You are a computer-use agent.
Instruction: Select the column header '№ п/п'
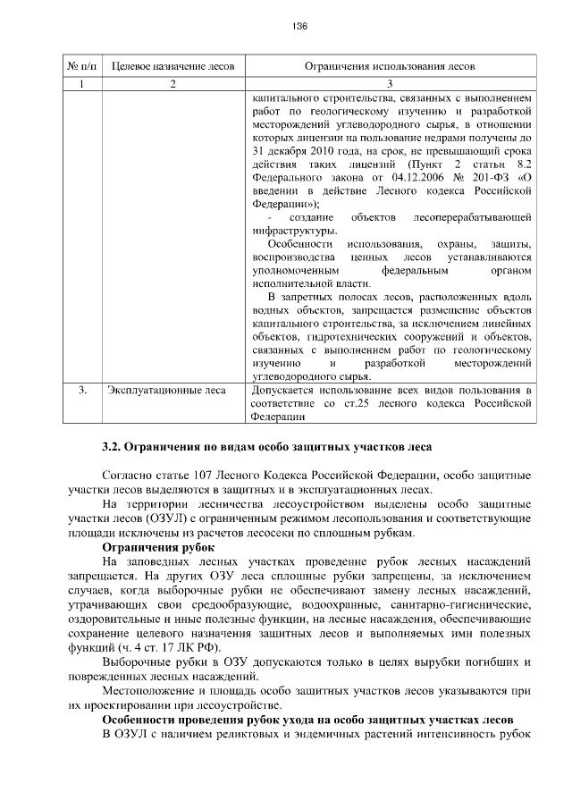tap(81, 67)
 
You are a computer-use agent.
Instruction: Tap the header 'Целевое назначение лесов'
tap(172, 67)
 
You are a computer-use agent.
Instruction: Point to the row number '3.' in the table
tap(81, 391)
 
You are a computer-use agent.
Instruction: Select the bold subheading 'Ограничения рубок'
tap(156, 547)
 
